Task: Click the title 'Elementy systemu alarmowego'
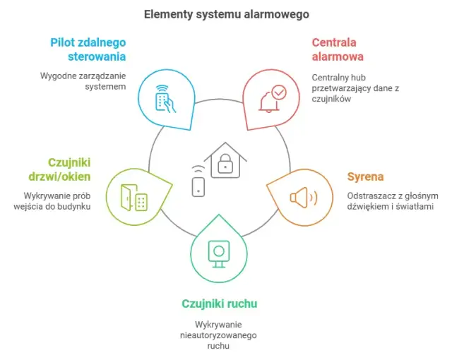click(226, 13)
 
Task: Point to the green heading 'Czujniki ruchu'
click(219, 304)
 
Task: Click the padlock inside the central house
click(225, 164)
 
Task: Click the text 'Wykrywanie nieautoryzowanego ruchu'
click(219, 335)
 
